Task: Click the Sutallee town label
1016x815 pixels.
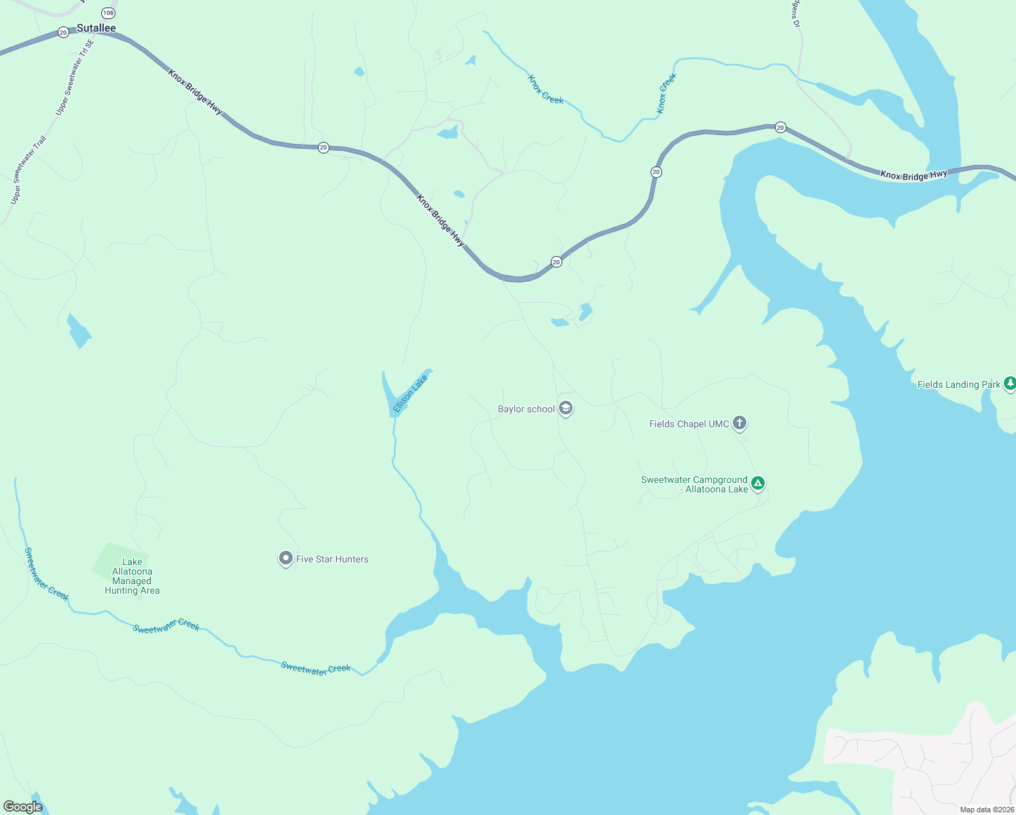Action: [x=96, y=28]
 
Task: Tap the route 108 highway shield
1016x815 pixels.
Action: [x=108, y=13]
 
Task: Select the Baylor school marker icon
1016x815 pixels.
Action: [x=566, y=408]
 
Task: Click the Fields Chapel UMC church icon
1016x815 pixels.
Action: [x=740, y=423]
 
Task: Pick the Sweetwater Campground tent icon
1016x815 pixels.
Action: [x=758, y=484]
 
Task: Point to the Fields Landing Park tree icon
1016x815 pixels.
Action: [x=1009, y=384]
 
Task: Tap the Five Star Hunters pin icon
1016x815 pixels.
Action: [x=286, y=558]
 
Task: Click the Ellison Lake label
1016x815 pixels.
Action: [x=410, y=393]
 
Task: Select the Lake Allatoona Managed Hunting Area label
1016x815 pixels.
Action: [x=132, y=577]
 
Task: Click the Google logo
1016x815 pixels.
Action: [x=22, y=807]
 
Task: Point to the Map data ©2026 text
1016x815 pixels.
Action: [x=987, y=810]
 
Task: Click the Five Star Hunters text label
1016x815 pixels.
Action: [x=332, y=560]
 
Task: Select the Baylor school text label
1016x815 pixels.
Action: [x=526, y=409]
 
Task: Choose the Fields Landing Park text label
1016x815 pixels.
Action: [x=959, y=384]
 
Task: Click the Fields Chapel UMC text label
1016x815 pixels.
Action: [x=689, y=424]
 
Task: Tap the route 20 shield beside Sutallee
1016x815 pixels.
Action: [x=63, y=32]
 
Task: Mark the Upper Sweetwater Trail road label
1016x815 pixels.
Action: [x=28, y=170]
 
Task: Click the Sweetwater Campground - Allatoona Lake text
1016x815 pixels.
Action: [x=694, y=484]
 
